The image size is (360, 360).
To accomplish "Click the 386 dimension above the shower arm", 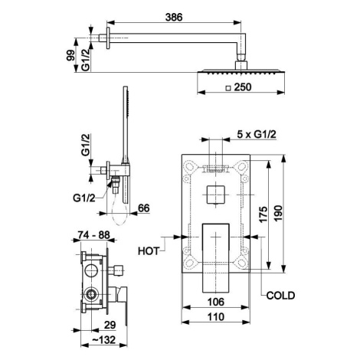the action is pos(174,18).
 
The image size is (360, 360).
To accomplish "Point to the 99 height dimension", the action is pos(70,55).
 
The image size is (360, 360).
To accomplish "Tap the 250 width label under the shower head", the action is pos(243,87).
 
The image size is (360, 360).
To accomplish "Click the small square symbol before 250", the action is pos(228,88).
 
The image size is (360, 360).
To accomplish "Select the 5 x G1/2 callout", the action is pos(257,134).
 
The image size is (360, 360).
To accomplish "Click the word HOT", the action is pos(149,251).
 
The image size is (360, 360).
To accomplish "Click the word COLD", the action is pos(280,296).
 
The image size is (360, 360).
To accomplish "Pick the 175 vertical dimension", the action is pos(263,214).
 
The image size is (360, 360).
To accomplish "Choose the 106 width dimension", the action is pos(216,302).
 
